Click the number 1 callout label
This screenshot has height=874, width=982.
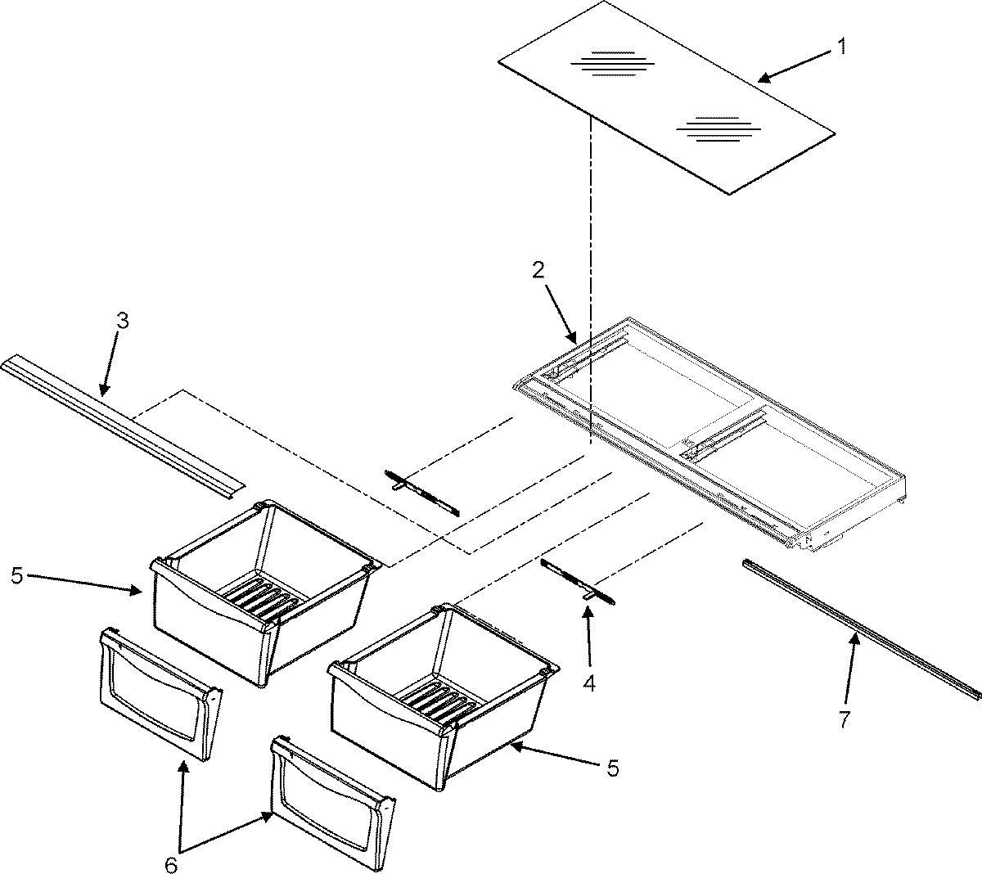tap(840, 48)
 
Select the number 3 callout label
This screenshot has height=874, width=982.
tap(122, 321)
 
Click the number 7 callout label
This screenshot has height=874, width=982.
tap(844, 720)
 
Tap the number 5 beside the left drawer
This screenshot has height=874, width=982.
tap(16, 575)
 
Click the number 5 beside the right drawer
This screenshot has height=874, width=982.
tap(613, 768)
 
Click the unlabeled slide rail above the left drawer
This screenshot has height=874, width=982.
tap(421, 493)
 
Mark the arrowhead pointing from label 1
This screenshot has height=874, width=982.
tap(761, 79)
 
